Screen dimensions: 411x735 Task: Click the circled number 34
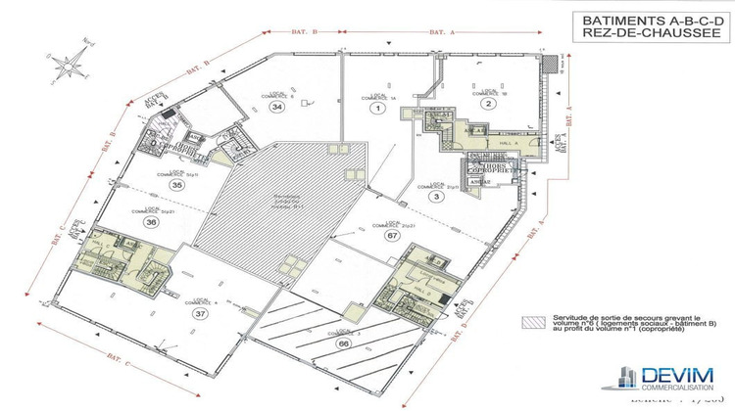[x=278, y=107]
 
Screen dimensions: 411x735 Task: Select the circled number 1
[x=375, y=110]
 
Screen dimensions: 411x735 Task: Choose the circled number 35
[x=176, y=183]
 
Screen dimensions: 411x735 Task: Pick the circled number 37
[x=201, y=314]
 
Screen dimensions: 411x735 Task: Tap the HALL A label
[x=508, y=142]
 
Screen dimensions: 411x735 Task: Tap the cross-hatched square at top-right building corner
[x=555, y=63]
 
